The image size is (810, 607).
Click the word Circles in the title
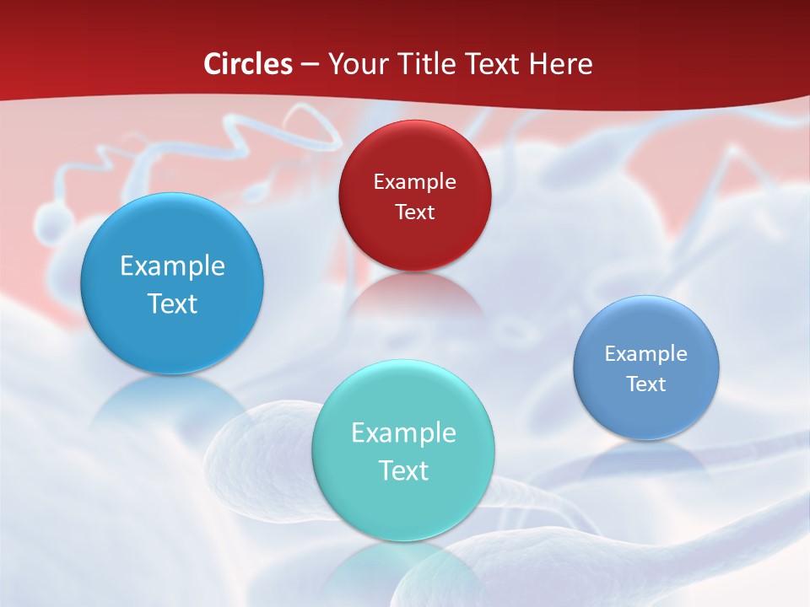[248, 64]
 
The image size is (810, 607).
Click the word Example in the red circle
[414, 181]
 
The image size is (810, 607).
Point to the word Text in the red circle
[414, 212]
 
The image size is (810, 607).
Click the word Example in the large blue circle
[172, 266]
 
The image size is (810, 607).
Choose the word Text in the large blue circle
[172, 303]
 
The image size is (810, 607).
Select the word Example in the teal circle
[403, 432]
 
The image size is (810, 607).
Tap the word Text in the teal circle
[403, 470]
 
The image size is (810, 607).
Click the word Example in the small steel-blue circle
[646, 353]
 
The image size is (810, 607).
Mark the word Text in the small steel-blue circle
[646, 384]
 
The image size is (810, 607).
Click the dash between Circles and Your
[309, 65]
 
